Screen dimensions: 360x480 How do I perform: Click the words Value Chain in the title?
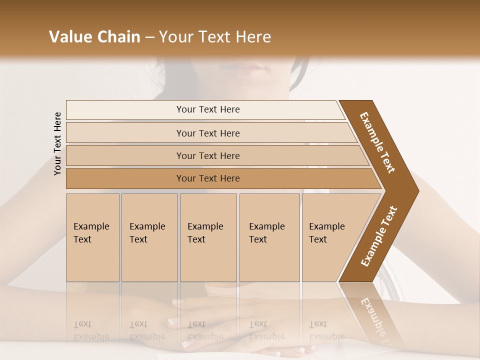point(94,37)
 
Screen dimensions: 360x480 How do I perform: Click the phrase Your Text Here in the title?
point(215,37)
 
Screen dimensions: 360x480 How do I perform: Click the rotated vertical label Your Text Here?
point(57,143)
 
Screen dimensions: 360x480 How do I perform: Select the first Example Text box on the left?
point(92,237)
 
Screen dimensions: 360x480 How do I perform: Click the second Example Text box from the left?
point(149,237)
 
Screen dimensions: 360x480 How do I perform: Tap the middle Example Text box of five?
point(208,237)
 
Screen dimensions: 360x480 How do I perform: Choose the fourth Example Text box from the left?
point(269,237)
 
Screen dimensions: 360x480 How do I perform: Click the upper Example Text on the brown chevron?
point(377,142)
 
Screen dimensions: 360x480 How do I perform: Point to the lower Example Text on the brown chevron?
point(379,236)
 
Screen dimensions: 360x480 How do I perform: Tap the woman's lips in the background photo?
point(248,69)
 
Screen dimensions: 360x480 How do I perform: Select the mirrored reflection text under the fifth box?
point(326,330)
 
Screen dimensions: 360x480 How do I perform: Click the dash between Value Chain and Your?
point(149,37)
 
